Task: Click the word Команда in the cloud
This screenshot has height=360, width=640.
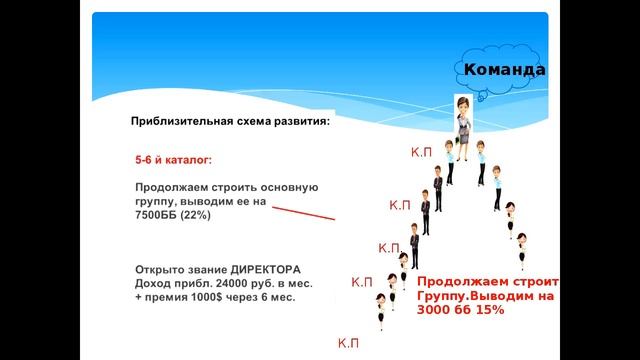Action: point(505,71)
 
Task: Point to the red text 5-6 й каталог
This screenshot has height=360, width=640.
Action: point(174,159)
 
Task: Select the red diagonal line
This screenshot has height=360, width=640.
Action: point(303,214)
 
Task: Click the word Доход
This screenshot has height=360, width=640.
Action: point(154,283)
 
